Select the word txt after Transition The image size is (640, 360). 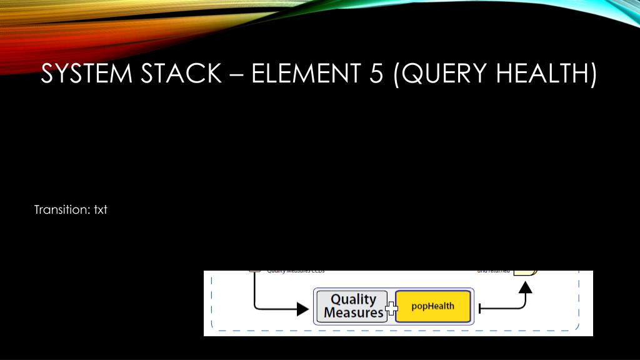click(x=101, y=210)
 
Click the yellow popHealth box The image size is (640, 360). click(x=433, y=306)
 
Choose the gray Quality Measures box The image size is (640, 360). click(x=352, y=306)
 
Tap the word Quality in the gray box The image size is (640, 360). click(x=354, y=299)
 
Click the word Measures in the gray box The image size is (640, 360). click(x=354, y=312)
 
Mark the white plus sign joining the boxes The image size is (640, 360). click(x=392, y=307)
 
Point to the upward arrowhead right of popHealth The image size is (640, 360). click(x=526, y=287)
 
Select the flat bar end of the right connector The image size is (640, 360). click(x=479, y=308)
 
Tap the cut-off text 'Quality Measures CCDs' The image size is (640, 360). click(x=296, y=272)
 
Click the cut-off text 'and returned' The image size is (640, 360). click(x=493, y=272)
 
